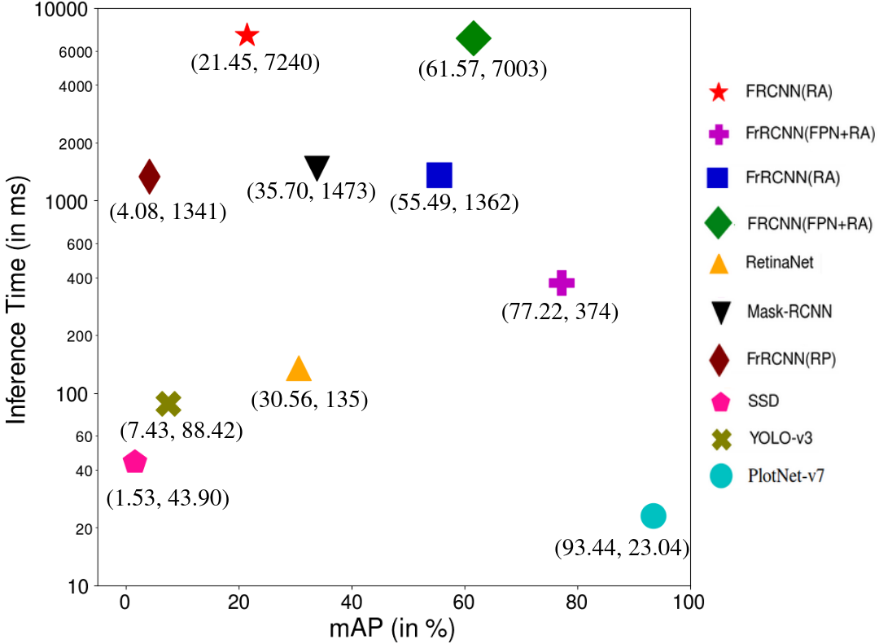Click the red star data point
247,35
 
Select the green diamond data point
474,37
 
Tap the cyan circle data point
654,515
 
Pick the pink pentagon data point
134,462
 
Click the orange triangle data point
299,370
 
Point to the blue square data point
439,174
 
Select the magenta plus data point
562,283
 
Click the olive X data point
168,403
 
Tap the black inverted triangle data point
317,168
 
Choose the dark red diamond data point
149,174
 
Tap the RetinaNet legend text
779,264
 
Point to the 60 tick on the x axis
464,604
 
